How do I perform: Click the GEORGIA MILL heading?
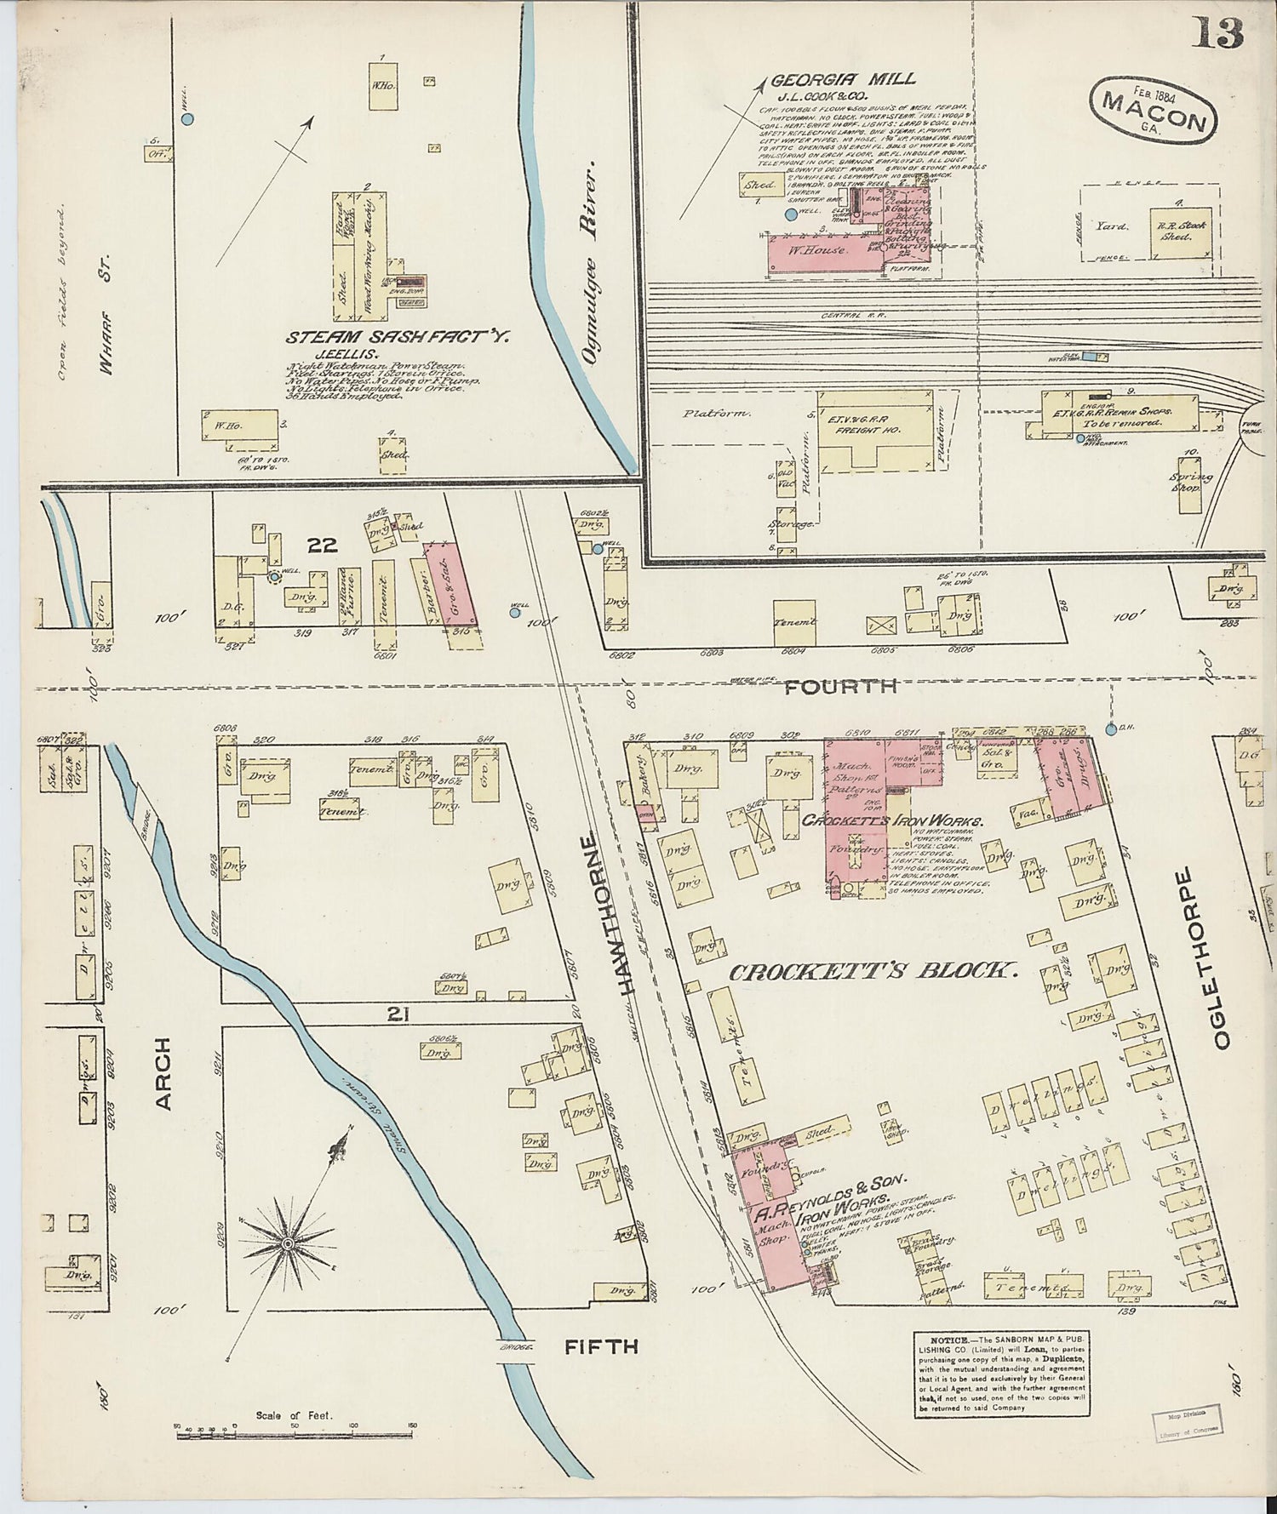(843, 79)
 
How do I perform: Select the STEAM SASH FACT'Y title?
(396, 338)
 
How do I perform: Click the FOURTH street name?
(840, 686)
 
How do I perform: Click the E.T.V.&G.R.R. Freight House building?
(874, 427)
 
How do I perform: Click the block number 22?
(322, 545)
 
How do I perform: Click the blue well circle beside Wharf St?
(188, 118)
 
